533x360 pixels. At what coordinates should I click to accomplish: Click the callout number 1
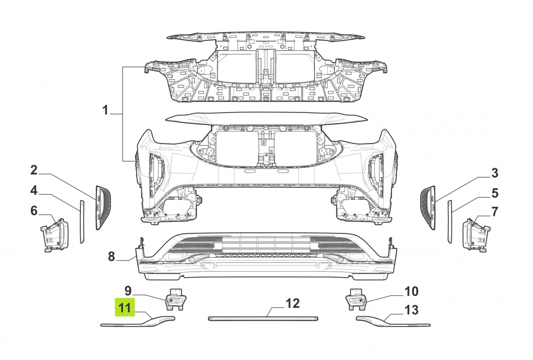(x=106, y=110)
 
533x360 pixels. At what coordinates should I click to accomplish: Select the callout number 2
(x=34, y=170)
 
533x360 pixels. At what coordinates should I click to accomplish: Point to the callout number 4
(x=34, y=191)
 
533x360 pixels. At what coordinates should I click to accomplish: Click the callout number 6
(x=34, y=211)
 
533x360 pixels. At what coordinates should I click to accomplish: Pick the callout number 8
(x=111, y=256)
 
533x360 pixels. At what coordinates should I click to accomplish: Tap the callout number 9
(x=128, y=290)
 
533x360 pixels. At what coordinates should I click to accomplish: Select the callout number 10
(x=411, y=291)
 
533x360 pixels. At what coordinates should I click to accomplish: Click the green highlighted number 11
(x=125, y=307)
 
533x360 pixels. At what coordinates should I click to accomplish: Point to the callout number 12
(x=293, y=303)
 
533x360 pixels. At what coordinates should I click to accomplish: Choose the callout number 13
(x=411, y=310)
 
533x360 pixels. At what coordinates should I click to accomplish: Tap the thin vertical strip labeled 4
(x=82, y=221)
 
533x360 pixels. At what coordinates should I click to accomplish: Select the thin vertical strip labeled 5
(x=450, y=221)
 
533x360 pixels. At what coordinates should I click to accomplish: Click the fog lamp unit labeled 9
(x=176, y=300)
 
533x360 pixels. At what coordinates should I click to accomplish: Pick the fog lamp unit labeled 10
(x=356, y=300)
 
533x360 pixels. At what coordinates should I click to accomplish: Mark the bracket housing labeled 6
(x=55, y=235)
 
